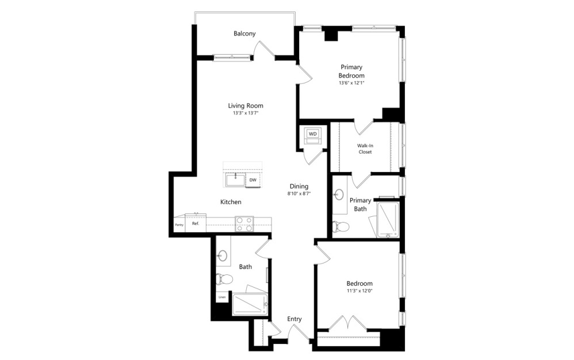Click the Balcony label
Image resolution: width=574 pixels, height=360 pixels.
[244, 34]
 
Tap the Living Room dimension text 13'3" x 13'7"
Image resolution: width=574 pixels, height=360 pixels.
[245, 113]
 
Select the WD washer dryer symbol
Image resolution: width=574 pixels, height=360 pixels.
[312, 134]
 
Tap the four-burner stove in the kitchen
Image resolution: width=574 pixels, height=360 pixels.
[244, 224]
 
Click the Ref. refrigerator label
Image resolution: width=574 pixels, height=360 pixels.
[196, 223]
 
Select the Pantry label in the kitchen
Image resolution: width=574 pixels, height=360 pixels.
[179, 225]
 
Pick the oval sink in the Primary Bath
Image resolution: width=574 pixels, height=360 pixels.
[339, 194]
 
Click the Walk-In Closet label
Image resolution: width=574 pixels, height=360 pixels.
[365, 149]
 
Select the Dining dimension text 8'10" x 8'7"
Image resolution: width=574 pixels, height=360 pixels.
[299, 194]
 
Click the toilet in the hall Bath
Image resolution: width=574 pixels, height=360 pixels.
[224, 279]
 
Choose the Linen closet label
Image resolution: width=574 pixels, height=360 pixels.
[222, 297]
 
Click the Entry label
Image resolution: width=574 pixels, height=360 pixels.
[294, 319]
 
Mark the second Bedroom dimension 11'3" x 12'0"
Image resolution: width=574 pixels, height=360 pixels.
[359, 292]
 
